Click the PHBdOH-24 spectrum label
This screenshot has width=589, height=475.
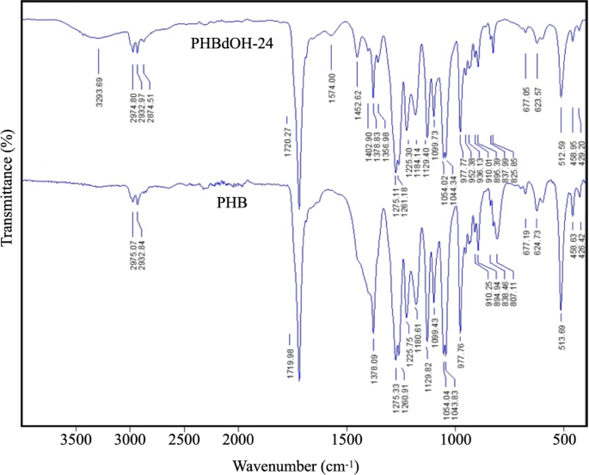pyautogui.click(x=231, y=45)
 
